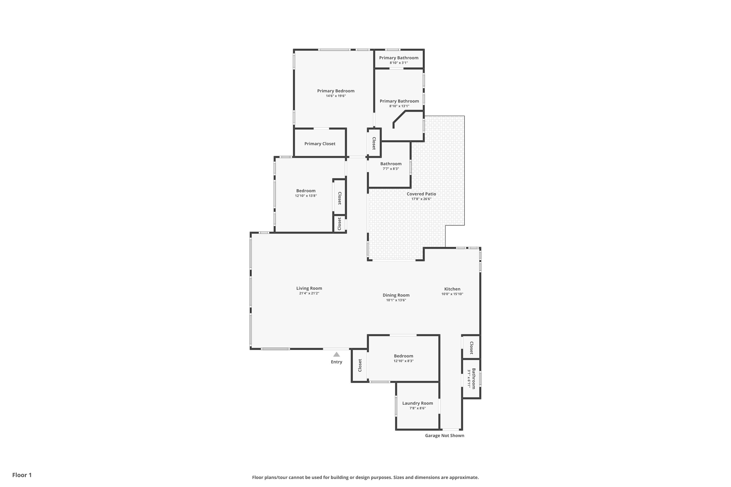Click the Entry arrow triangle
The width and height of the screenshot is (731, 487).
337,354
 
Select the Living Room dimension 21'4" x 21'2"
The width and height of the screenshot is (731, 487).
309,293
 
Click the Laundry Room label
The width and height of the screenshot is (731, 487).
417,403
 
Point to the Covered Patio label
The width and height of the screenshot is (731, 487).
422,194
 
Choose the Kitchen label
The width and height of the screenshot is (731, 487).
452,289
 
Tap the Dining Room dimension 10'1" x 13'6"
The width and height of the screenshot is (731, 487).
396,300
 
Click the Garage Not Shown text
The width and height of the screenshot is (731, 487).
444,435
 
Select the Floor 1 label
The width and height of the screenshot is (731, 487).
22,475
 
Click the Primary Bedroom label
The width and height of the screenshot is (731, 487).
336,91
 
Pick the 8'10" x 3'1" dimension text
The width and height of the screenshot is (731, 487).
399,63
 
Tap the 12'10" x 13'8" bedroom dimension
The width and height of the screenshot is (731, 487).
306,196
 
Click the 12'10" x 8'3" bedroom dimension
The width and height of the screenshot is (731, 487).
404,361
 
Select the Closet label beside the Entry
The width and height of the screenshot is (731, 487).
360,365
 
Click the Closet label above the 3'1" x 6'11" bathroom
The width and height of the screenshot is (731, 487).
471,348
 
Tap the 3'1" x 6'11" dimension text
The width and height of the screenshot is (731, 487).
469,379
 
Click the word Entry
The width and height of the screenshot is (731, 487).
337,362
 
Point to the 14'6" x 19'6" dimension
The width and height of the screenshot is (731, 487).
336,96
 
